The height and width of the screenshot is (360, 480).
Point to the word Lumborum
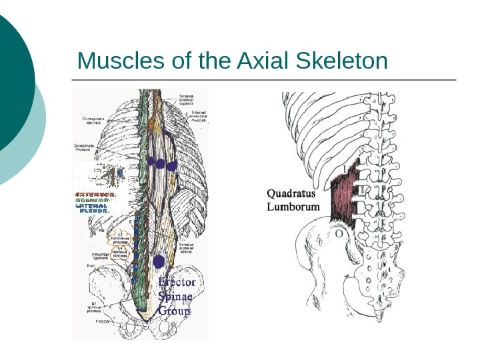(293, 207)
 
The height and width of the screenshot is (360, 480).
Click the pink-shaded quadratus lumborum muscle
(345, 194)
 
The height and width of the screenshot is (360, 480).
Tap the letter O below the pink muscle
(339, 235)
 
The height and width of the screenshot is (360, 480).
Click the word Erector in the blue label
(177, 283)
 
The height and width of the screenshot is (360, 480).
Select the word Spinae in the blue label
(175, 297)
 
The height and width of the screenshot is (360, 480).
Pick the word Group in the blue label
(175, 311)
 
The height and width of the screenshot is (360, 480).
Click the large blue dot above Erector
(159, 261)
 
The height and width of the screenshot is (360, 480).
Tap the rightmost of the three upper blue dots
(171, 165)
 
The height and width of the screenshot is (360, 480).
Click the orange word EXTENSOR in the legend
(96, 194)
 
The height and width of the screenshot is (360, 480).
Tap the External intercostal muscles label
(194, 118)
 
